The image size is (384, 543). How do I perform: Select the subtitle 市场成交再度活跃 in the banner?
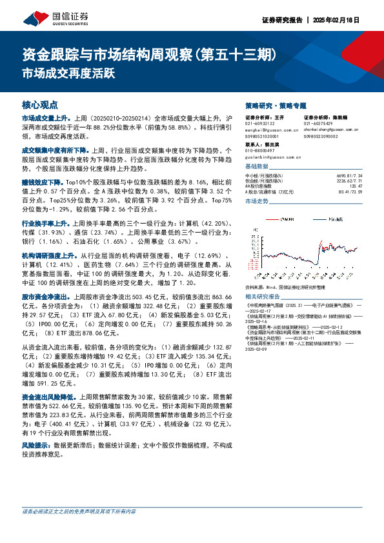pyautogui.click(x=68, y=73)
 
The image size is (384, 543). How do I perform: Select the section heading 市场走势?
pyautogui.click(x=256, y=202)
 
